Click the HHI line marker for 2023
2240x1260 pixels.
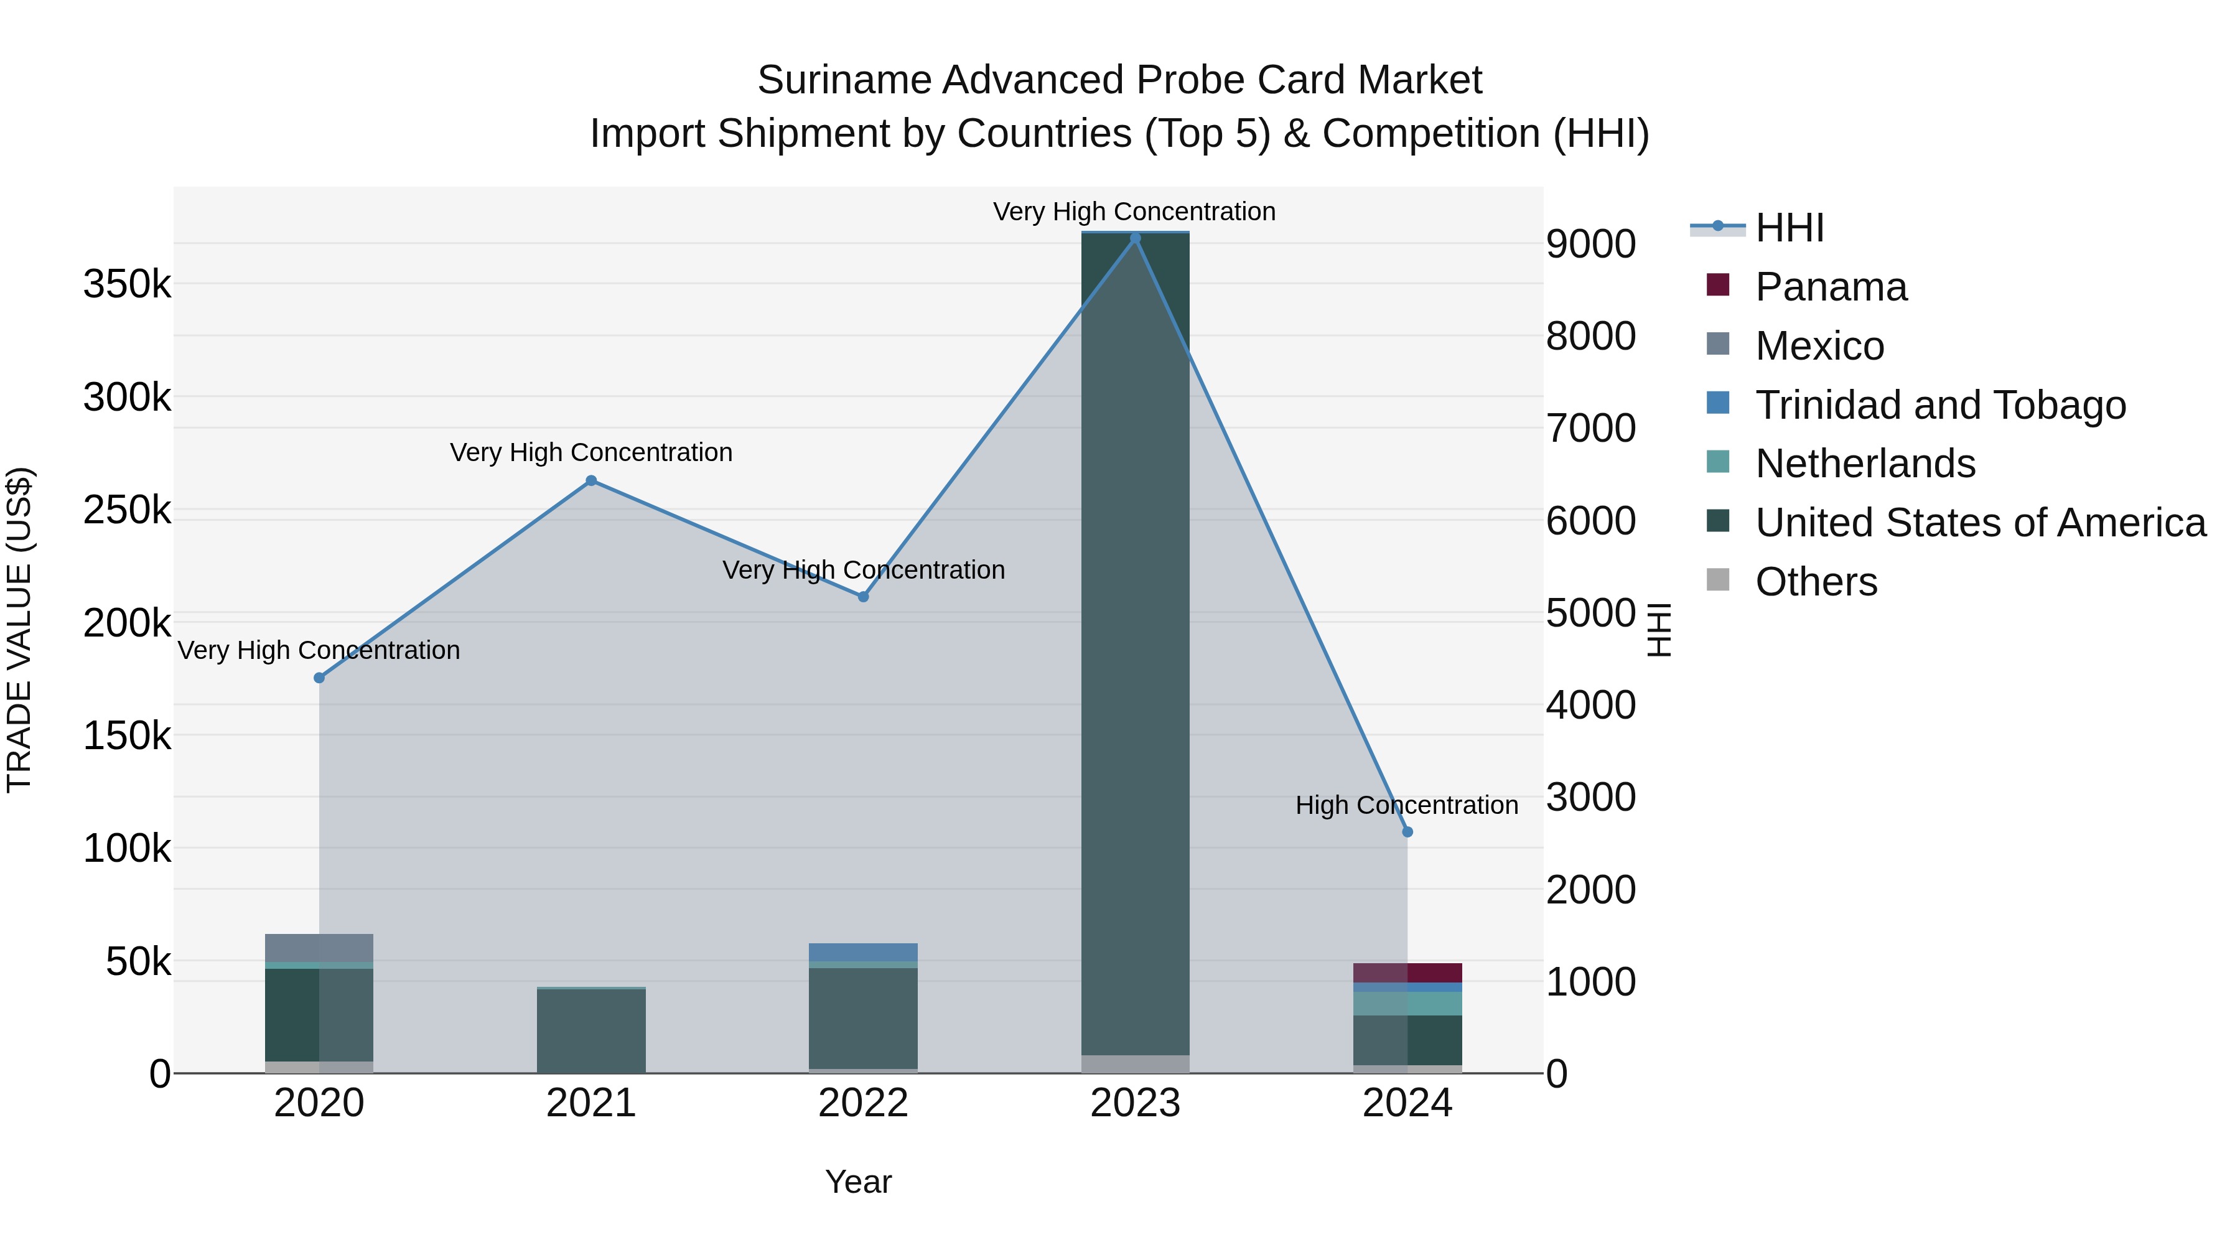pos(1135,238)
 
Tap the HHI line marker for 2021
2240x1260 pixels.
pos(591,481)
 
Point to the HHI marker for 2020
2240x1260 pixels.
pos(319,678)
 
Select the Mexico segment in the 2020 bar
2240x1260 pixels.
pos(319,948)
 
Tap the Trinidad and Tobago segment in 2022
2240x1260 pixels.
pos(862,952)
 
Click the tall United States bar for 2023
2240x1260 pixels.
pos(1135,643)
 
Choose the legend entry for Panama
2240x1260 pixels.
pos(1831,287)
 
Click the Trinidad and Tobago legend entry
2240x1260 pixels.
pos(1939,405)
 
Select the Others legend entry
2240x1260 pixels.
pos(1816,582)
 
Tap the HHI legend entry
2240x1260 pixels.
pos(1789,228)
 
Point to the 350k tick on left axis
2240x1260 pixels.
pos(127,284)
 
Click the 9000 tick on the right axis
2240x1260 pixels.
pos(1590,245)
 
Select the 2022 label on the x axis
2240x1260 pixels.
pos(862,1103)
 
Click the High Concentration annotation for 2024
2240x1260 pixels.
pos(1406,805)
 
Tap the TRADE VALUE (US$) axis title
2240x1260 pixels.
pos(19,630)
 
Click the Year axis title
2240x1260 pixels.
pos(858,1182)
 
